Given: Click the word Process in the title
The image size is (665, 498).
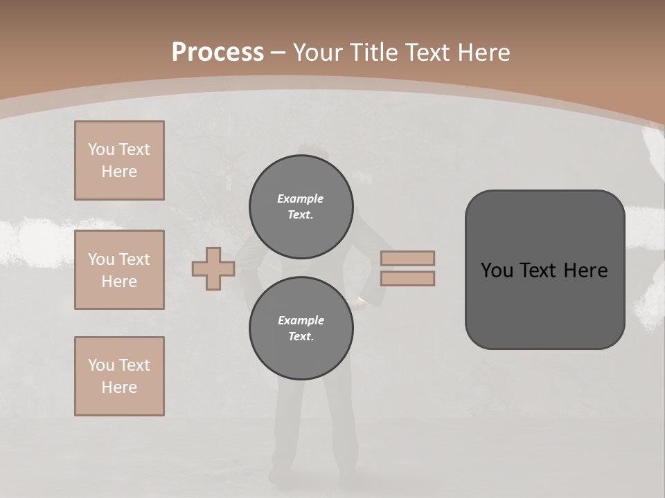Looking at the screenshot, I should click(218, 53).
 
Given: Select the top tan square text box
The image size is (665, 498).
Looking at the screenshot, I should click(119, 160).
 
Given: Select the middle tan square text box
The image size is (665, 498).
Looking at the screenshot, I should click(119, 270).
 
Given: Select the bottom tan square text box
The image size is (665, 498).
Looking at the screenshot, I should click(119, 376).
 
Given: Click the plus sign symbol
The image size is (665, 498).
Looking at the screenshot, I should click(213, 269).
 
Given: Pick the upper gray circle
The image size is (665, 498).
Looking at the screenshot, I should click(301, 206).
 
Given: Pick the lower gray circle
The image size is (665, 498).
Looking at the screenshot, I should click(301, 328).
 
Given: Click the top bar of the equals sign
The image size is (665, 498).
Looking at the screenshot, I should click(407, 259).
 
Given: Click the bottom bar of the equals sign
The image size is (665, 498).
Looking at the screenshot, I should click(407, 279).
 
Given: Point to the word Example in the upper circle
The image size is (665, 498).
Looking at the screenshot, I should click(301, 199).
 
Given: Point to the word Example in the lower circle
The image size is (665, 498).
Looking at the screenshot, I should click(301, 320).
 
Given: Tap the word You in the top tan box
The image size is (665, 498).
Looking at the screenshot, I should click(100, 149).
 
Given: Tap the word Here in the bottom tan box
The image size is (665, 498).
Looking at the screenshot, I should click(119, 387).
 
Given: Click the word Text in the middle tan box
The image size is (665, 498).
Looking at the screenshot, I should click(134, 259).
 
